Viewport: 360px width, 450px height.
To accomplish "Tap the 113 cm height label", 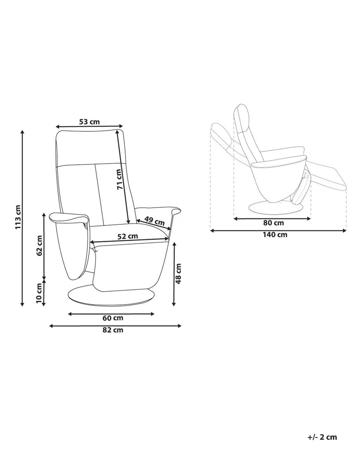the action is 18,217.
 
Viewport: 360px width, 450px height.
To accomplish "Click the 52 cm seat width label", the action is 127,236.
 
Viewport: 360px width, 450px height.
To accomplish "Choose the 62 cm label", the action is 39,245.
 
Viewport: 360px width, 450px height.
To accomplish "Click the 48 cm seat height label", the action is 178,274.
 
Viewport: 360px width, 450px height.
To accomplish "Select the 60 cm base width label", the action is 113,318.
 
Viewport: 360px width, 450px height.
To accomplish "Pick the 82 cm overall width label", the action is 113,330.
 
